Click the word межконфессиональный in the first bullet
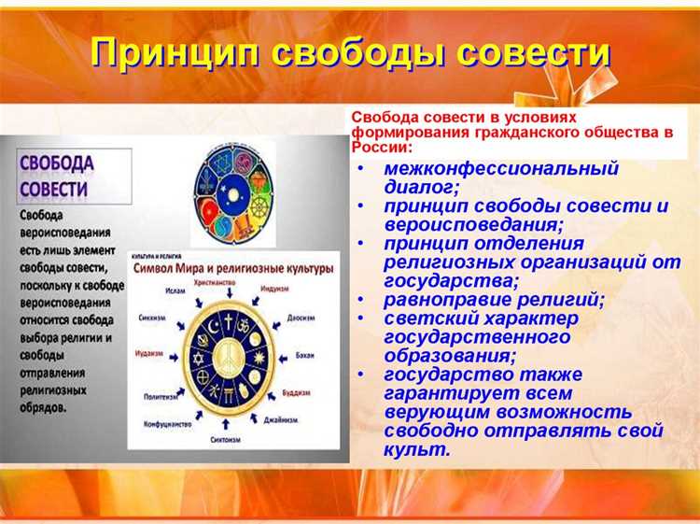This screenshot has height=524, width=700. pos(501,169)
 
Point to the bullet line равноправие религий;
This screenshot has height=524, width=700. pos(494,301)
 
